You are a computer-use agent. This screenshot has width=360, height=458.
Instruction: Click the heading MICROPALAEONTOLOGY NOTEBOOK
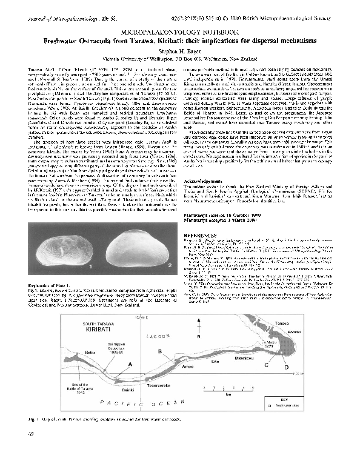(179, 29)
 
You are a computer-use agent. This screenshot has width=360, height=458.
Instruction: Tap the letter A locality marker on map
(130, 363)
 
